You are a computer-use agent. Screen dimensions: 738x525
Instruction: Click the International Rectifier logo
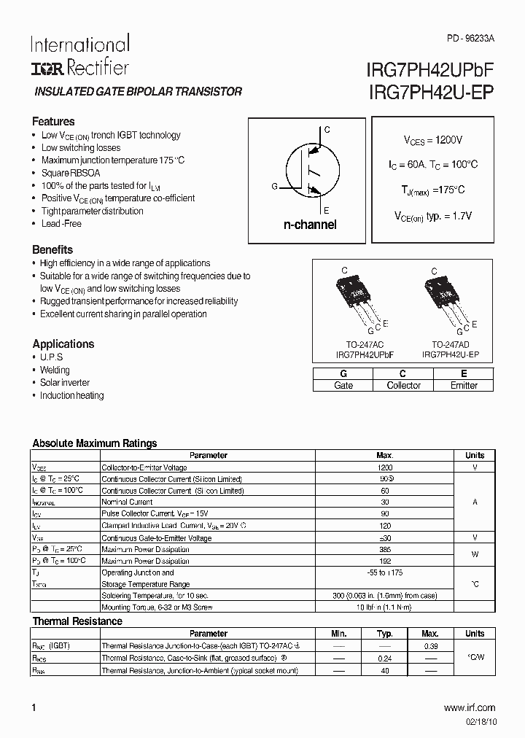(x=79, y=55)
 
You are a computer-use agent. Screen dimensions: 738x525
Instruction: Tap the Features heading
(x=53, y=122)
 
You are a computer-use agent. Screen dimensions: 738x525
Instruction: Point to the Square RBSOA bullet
(x=71, y=173)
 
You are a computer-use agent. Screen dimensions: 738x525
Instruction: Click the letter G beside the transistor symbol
(x=274, y=187)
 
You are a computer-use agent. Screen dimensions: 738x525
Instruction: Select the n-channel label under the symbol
(x=310, y=225)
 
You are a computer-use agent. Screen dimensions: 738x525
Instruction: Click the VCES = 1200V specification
(x=432, y=139)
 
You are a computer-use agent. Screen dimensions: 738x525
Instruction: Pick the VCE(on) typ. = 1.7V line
(x=432, y=216)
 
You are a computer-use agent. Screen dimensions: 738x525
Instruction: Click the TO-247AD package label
(x=450, y=343)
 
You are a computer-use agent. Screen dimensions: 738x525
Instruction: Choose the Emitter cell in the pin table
(x=464, y=385)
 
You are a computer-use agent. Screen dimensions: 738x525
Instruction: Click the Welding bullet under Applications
(x=55, y=370)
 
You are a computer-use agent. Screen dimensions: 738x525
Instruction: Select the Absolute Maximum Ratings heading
(x=95, y=443)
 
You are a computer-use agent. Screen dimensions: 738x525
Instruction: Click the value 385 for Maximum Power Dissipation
(x=385, y=549)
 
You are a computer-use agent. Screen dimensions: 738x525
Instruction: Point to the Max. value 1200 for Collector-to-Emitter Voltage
(x=385, y=467)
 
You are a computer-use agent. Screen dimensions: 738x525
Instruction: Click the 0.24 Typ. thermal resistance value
(x=385, y=659)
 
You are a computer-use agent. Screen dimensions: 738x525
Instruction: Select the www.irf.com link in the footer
(x=469, y=707)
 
